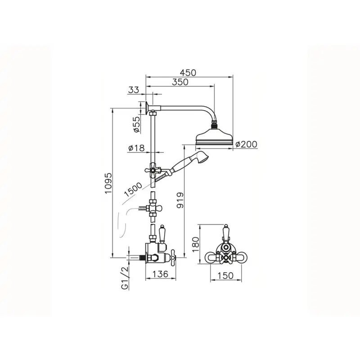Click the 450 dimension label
(188, 72)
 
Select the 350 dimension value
(180, 82)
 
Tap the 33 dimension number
(134, 90)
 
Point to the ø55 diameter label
(137, 125)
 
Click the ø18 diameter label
(137, 148)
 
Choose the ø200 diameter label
(246, 144)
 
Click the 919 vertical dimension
(180, 200)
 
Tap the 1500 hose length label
(133, 190)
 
